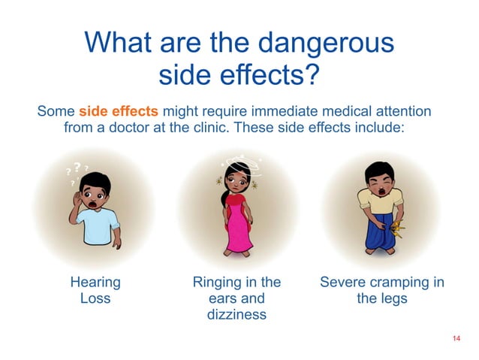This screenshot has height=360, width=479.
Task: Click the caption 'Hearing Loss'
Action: click(x=95, y=290)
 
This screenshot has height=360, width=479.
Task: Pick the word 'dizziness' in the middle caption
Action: click(x=236, y=315)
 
